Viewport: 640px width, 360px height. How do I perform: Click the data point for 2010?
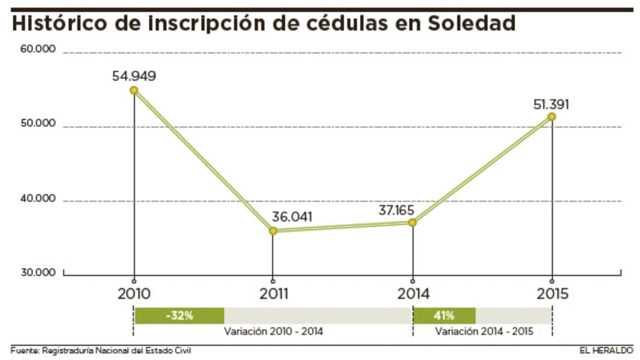click(x=134, y=90)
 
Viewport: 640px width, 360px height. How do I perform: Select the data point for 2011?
click(x=273, y=231)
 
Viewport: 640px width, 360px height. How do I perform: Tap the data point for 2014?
click(x=412, y=222)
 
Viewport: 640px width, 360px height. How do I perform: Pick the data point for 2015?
click(x=552, y=116)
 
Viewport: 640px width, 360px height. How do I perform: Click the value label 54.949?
click(x=134, y=76)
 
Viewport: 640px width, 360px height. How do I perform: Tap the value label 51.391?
click(x=551, y=103)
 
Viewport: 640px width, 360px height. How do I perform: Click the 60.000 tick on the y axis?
click(x=38, y=49)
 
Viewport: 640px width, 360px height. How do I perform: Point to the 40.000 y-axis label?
click(x=38, y=198)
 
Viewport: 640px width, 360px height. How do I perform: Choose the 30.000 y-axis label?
click(x=38, y=273)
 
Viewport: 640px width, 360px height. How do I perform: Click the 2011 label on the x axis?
click(x=274, y=294)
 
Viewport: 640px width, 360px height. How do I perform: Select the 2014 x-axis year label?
click(x=412, y=294)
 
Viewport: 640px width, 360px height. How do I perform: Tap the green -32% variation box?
click(x=179, y=315)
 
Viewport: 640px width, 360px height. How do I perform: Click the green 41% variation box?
click(x=444, y=315)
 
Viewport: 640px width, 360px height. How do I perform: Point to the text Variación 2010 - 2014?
click(x=273, y=331)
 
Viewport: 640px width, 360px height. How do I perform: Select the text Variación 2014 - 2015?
click(x=484, y=331)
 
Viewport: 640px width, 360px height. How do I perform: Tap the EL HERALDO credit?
click(x=607, y=350)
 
